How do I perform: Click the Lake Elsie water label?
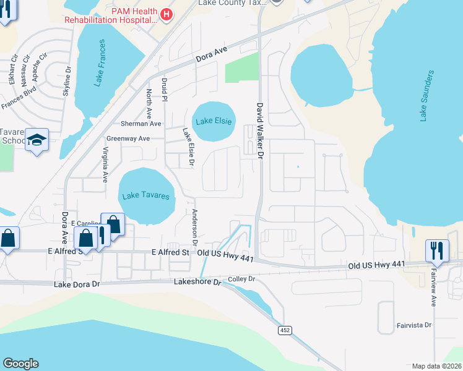click(x=214, y=121)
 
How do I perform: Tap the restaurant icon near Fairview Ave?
click(x=437, y=250)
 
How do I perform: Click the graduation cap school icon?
click(x=37, y=141)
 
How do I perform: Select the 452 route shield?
click(x=285, y=330)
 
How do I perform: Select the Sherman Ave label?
click(x=141, y=124)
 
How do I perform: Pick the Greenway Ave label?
click(x=128, y=139)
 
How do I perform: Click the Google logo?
click(x=20, y=364)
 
